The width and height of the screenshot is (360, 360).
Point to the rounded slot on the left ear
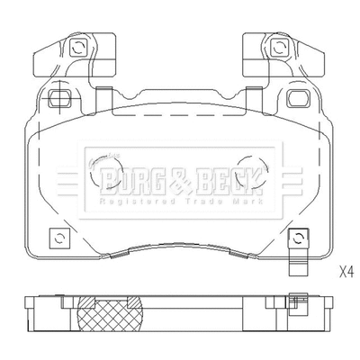pos(59,97)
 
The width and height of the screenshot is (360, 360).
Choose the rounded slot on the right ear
pos(299,97)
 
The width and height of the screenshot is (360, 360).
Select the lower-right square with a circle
pos(296,238)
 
